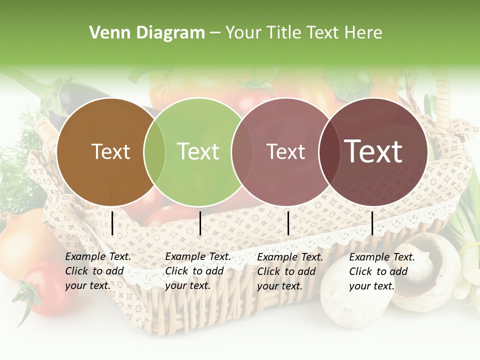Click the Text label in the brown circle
[x=110, y=151]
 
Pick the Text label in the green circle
[x=198, y=151]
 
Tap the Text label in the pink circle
[x=285, y=151]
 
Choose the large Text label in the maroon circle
[x=373, y=151]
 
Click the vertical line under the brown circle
[x=112, y=223]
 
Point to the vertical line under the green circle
[x=200, y=223]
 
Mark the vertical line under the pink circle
[x=288, y=223]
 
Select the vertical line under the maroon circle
[x=372, y=223]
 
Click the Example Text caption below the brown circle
[x=97, y=271]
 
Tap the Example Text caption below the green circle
[x=197, y=271]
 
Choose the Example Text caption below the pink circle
[x=289, y=271]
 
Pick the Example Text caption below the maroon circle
[x=381, y=271]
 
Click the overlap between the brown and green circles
[x=154, y=152]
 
